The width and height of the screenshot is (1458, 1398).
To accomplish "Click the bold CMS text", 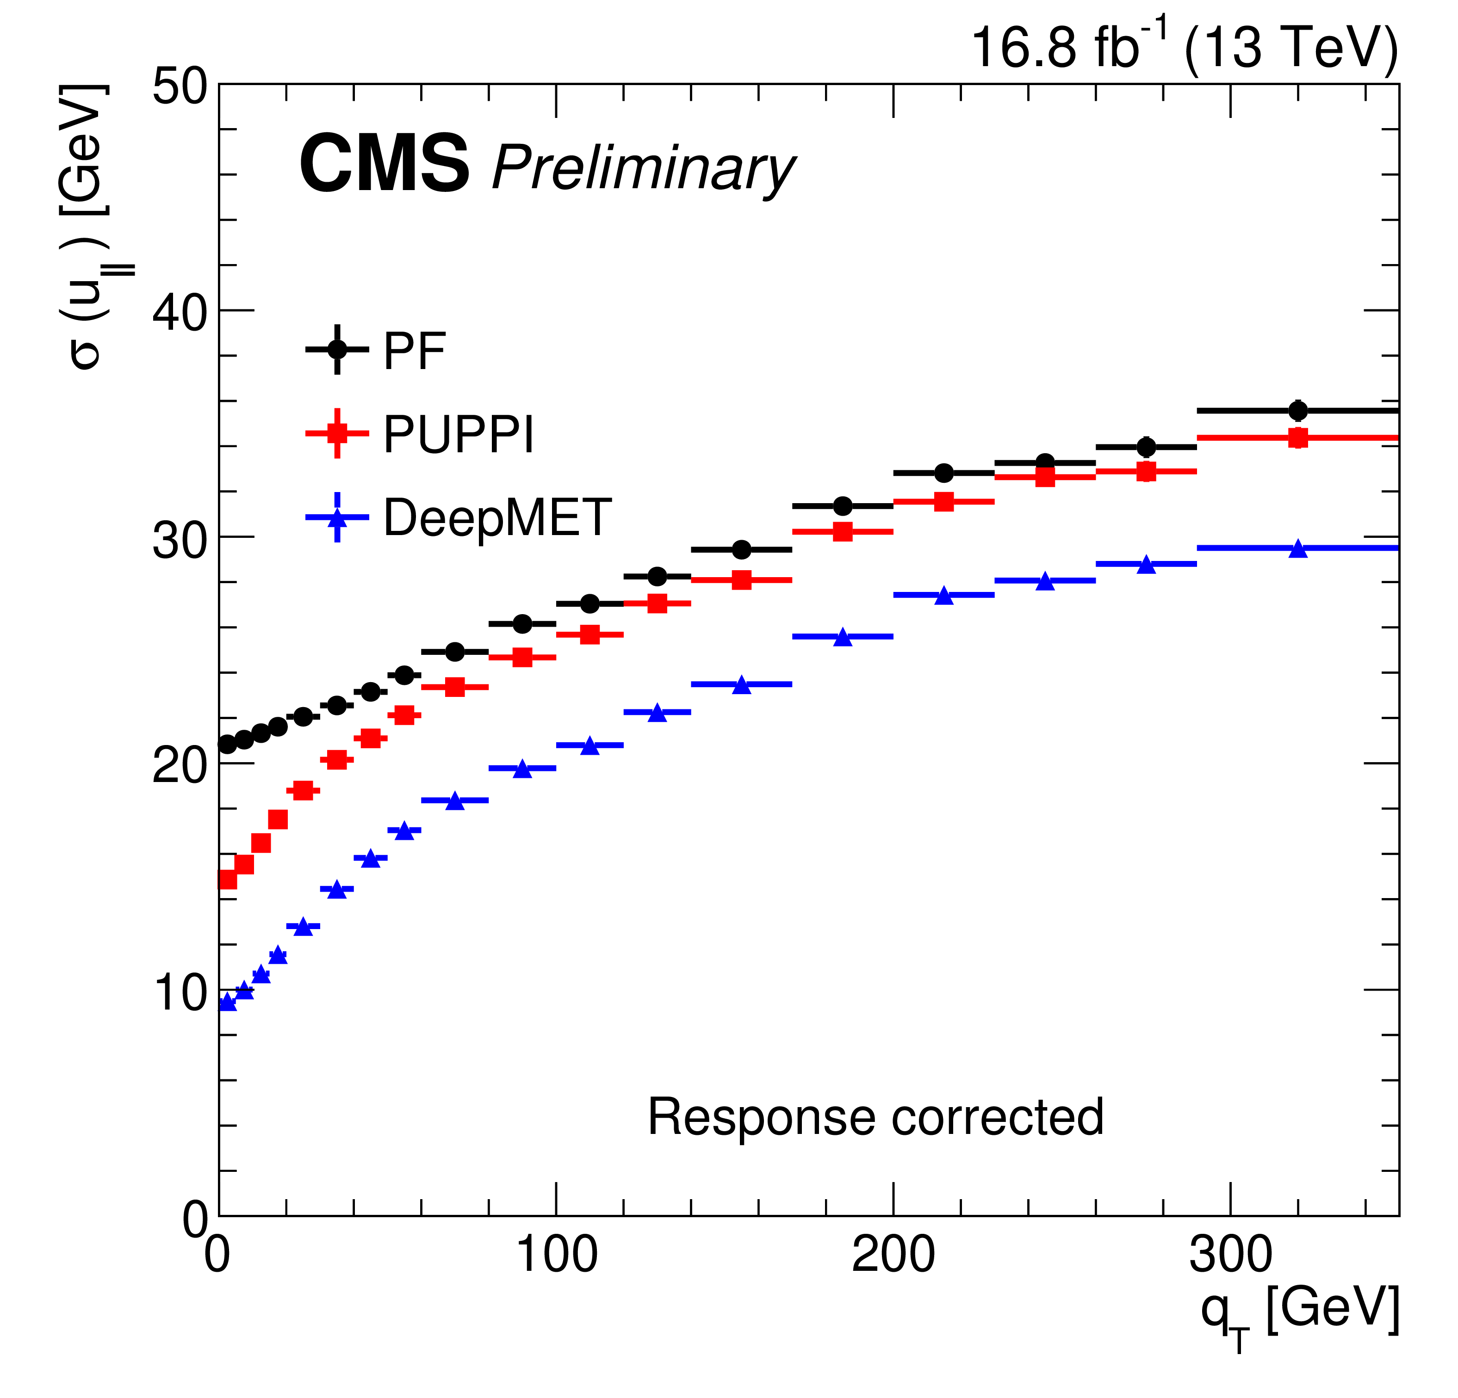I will [384, 165].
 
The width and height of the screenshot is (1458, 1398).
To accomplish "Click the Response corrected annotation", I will [875, 1117].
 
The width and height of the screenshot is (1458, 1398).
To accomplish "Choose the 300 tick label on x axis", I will [1230, 1255].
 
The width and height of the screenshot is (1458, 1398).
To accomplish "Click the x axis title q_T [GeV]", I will [1300, 1315].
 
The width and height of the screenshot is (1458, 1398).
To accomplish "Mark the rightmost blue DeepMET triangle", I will [1298, 549].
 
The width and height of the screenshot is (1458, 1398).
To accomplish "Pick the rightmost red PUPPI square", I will [1298, 438].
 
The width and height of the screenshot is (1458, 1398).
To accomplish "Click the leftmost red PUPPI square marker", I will [227, 880].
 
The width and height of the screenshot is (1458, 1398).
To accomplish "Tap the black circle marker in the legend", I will [337, 349].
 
